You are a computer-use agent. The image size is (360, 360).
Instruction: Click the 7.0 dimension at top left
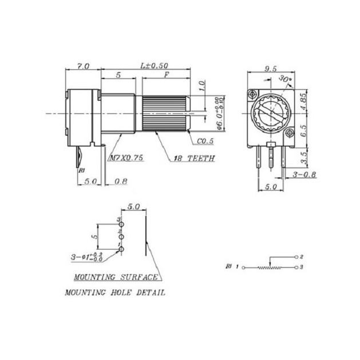pyautogui.click(x=83, y=66)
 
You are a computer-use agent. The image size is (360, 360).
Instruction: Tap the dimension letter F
pyautogui.click(x=166, y=75)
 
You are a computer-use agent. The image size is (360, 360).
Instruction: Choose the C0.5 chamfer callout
pyautogui.click(x=205, y=141)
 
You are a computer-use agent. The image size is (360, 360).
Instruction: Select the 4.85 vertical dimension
pyautogui.click(x=303, y=101)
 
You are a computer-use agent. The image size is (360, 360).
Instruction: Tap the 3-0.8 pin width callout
pyautogui.click(x=305, y=174)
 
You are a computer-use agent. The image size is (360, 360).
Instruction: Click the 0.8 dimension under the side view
pyautogui.click(x=121, y=182)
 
